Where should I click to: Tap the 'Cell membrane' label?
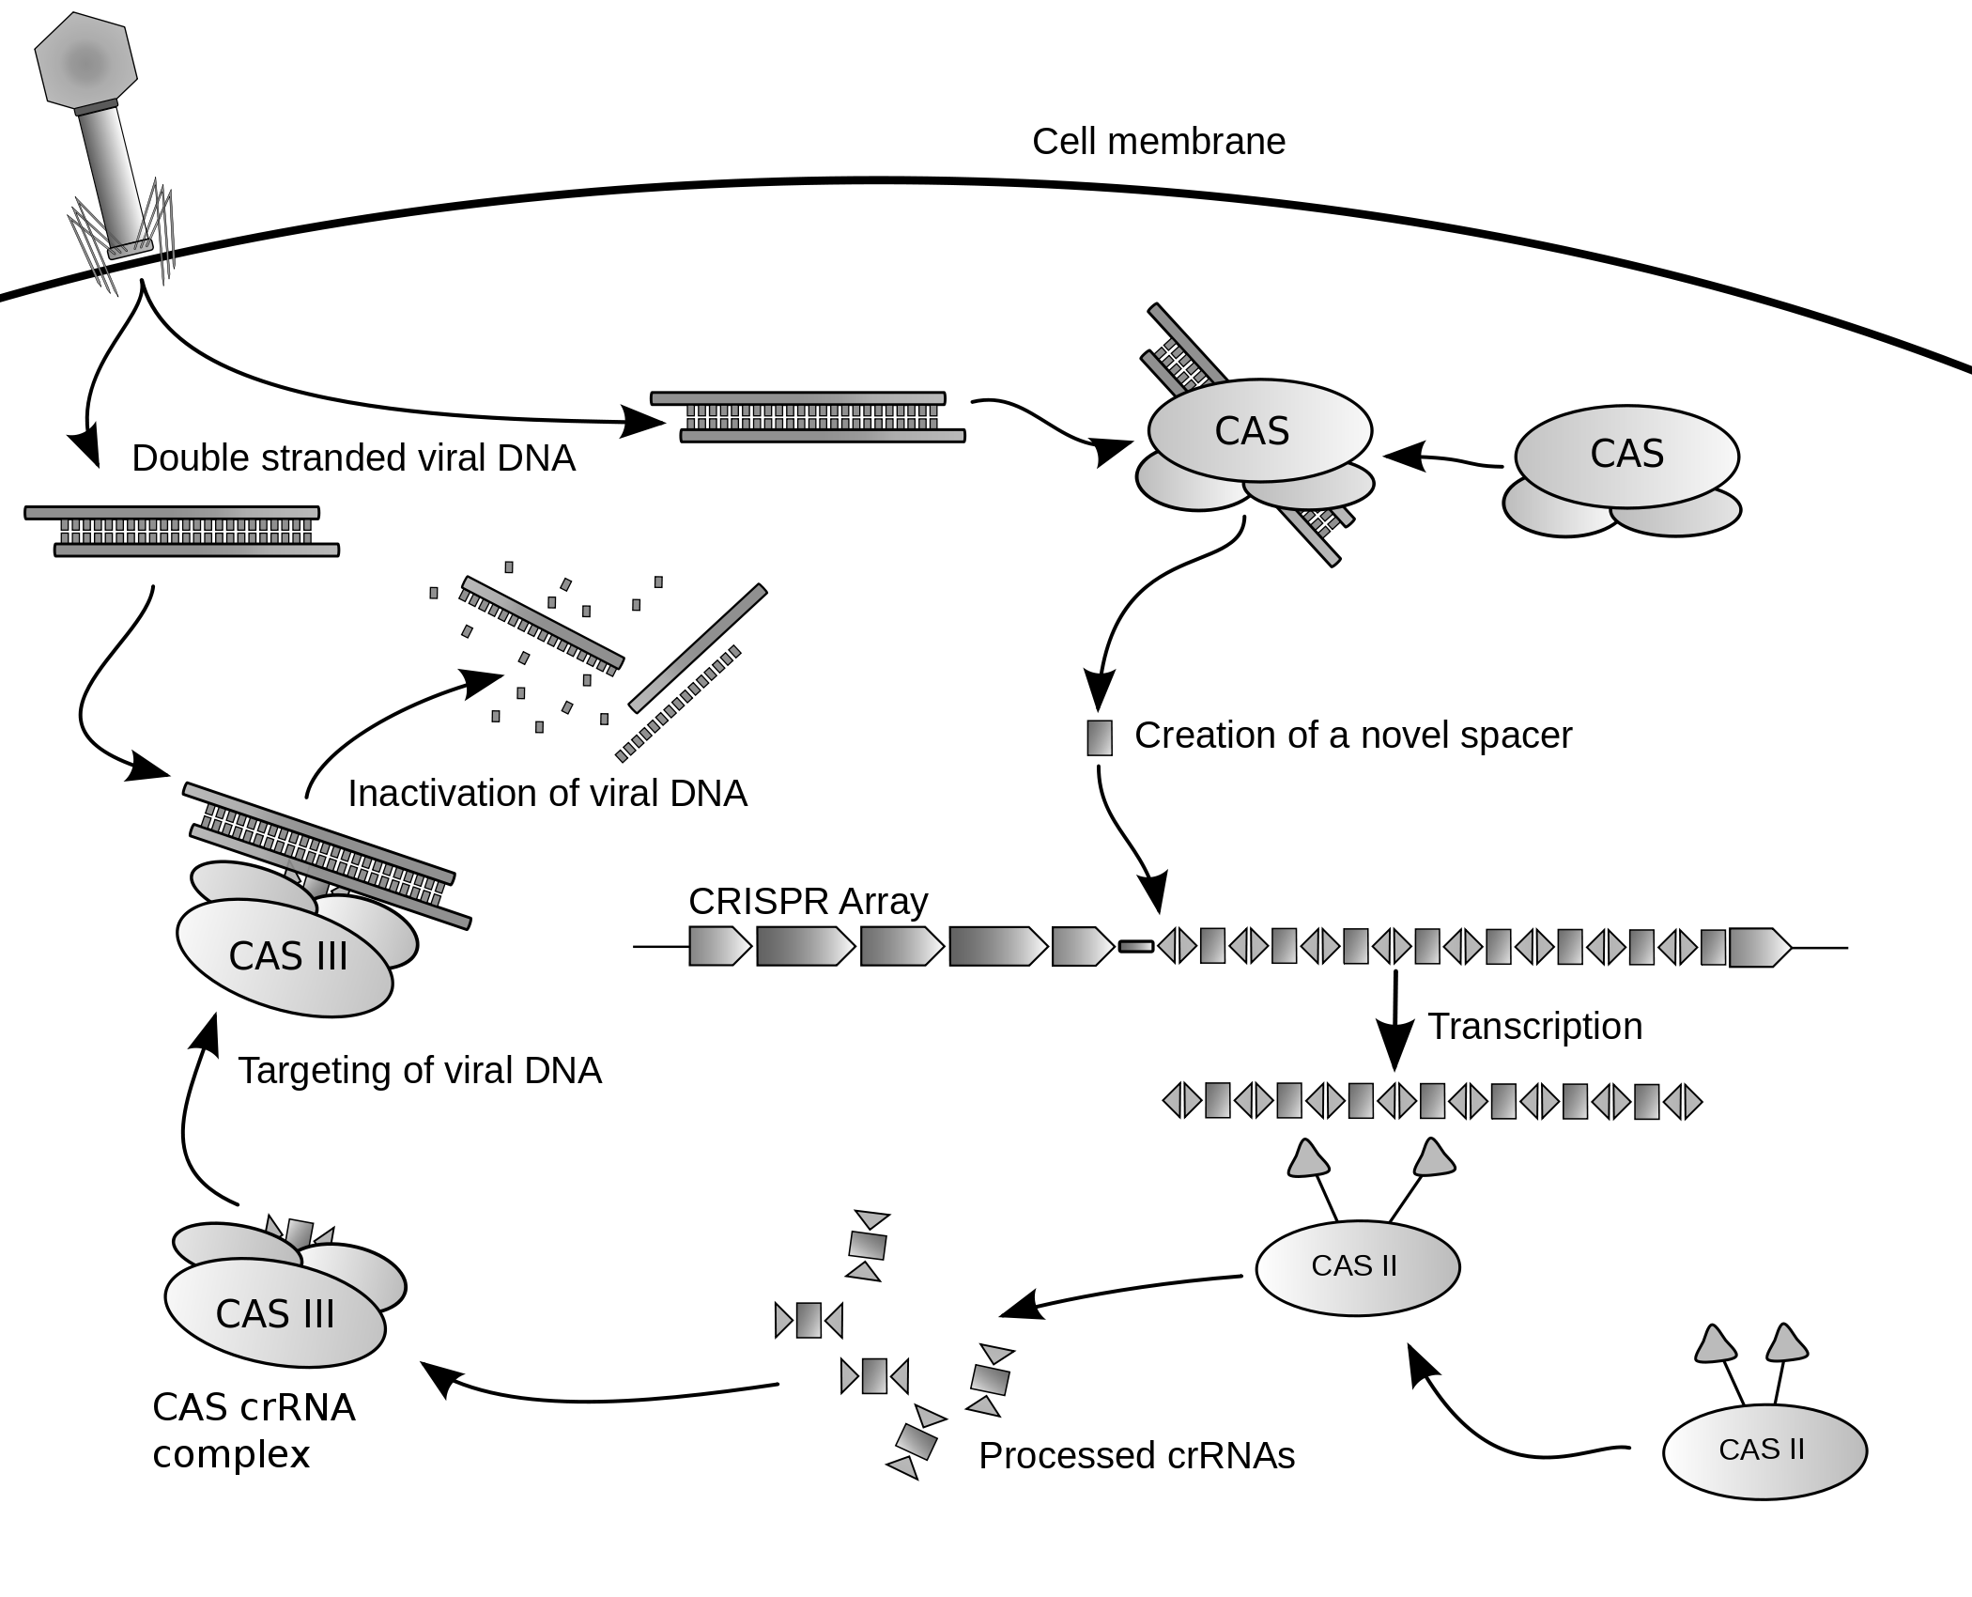(1158, 142)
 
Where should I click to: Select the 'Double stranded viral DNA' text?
(353, 458)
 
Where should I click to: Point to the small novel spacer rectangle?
(1099, 737)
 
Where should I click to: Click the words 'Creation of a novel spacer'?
(1352, 736)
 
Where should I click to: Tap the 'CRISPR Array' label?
(808, 902)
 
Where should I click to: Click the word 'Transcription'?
(1534, 1026)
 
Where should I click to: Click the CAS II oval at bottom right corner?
(1764, 1450)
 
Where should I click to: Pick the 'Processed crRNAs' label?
(1136, 1456)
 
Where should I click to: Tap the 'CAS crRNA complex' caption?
(253, 1430)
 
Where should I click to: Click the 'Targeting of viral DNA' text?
(419, 1071)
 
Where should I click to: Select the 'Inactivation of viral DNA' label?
(547, 794)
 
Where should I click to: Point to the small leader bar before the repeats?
(1135, 947)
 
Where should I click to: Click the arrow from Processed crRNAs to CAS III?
(601, 1397)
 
